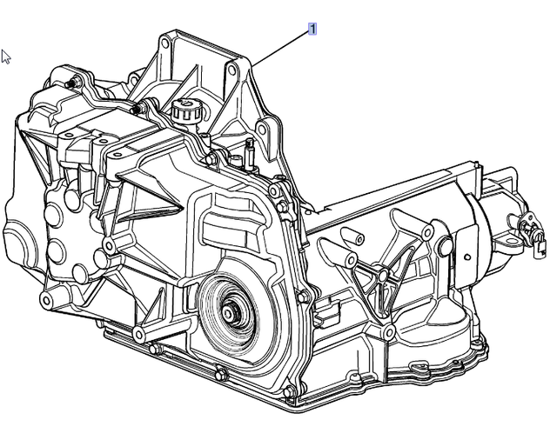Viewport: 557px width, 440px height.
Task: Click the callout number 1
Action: (x=312, y=29)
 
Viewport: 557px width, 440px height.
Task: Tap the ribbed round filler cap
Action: (x=186, y=111)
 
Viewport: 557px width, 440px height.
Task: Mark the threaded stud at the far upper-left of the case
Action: (x=69, y=83)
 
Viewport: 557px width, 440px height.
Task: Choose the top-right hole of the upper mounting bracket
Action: (x=232, y=70)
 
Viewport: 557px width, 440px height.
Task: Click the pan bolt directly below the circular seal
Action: (x=221, y=375)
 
